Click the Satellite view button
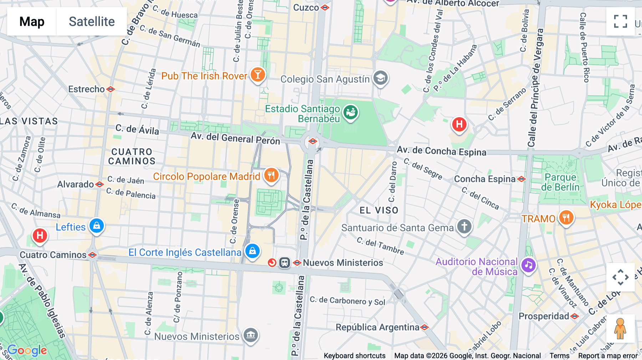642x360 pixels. (92, 21)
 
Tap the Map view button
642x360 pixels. (32, 21)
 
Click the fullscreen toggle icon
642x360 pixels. (620, 21)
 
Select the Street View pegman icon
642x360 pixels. (620, 328)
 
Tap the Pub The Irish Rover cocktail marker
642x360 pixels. (258, 75)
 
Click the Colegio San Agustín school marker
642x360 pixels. (381, 78)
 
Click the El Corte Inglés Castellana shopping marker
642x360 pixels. (253, 251)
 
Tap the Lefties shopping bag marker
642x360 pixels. (96, 226)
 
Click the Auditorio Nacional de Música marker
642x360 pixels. (528, 265)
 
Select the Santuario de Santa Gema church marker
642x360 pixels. (464, 226)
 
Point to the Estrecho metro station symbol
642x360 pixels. (111, 89)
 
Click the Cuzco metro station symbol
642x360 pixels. (325, 7)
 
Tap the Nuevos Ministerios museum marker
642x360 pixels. (251, 335)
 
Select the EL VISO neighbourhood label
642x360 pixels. (379, 210)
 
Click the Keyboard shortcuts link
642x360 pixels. (355, 355)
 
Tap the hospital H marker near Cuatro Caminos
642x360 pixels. (40, 236)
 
